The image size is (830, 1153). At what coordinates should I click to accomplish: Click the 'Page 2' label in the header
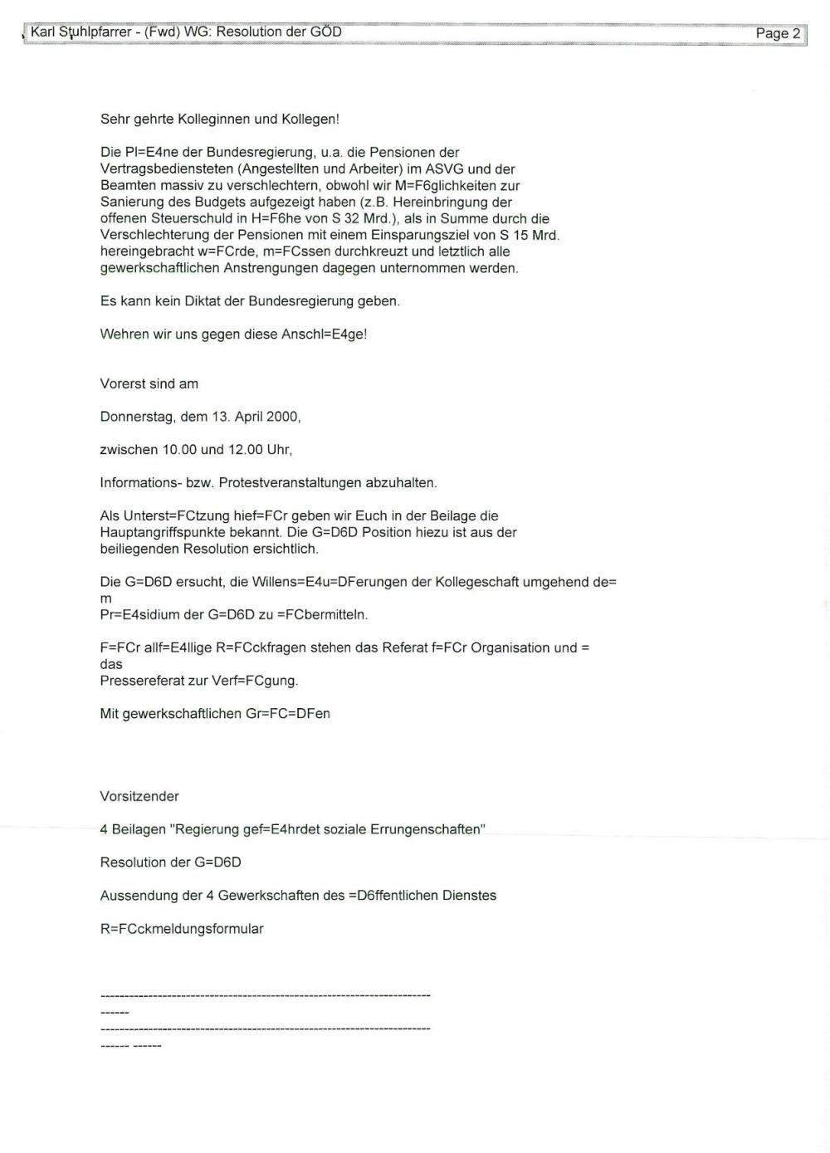click(778, 33)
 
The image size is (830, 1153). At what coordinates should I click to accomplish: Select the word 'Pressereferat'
click(140, 681)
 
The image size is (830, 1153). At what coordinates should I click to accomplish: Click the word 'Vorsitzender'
click(139, 796)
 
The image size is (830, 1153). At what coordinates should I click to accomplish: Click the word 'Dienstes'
click(468, 896)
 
